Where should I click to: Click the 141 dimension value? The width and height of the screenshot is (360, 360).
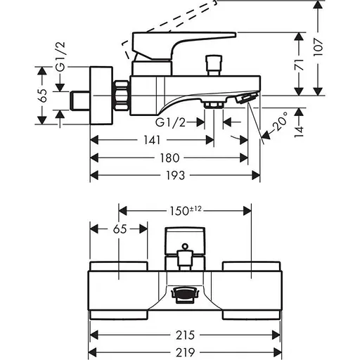coord(152,140)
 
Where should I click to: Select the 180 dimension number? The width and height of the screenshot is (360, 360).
coord(169,157)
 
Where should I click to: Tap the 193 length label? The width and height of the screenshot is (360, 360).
coord(175,175)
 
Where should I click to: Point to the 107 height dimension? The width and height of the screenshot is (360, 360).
coord(318,47)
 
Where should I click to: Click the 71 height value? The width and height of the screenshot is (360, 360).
coord(299,65)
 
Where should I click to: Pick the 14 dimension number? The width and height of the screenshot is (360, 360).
coord(299,132)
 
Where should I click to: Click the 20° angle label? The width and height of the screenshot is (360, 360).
coord(280,121)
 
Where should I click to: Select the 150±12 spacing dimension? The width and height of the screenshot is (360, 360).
coord(186,210)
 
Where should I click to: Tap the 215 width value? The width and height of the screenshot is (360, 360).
coord(185,335)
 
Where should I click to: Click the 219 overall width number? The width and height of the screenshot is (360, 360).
coord(185,352)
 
